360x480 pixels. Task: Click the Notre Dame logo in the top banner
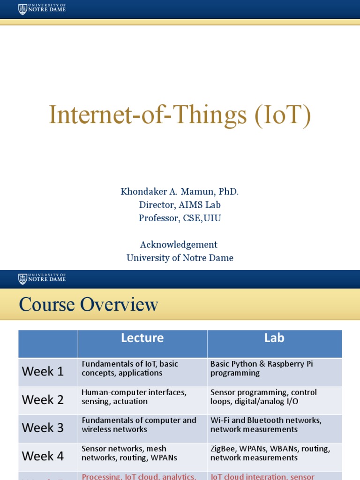[42, 9]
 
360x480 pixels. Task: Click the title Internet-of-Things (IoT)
[180, 115]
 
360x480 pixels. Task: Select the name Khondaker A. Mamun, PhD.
[180, 192]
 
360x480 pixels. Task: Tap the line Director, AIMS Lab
[180, 205]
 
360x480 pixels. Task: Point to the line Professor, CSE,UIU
[180, 218]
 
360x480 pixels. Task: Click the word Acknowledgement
[179, 245]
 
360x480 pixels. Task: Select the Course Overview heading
[89, 305]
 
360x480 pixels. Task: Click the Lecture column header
[142, 338]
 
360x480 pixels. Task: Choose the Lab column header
[274, 338]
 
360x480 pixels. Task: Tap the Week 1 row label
[43, 372]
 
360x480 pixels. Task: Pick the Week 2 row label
[43, 400]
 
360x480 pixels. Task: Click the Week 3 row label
[43, 428]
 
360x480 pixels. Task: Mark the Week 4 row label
[43, 456]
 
